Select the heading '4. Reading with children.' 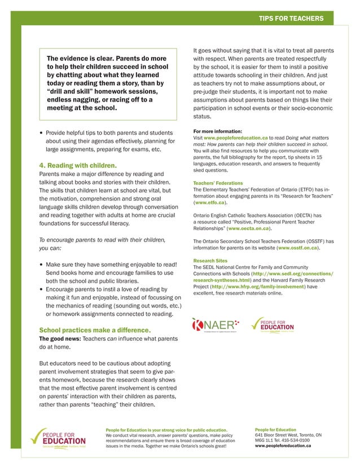(77, 165)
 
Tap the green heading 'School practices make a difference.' (94, 329)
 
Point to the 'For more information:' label (217, 131)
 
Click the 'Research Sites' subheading (210, 261)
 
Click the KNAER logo (216, 324)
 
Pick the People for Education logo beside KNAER (273, 324)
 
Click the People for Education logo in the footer (58, 438)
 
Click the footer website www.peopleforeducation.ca (283, 446)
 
